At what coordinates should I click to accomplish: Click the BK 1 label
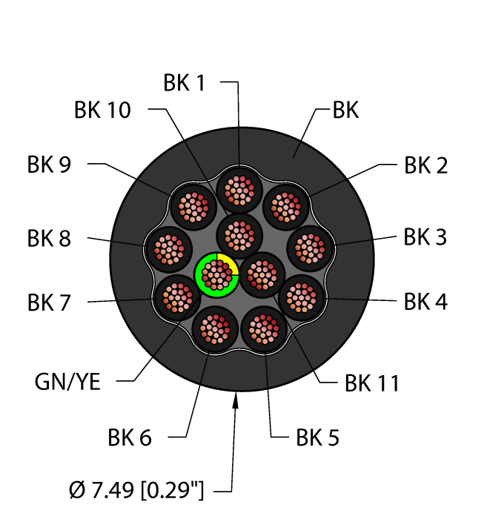click(x=184, y=83)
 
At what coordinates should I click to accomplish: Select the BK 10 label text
click(x=102, y=110)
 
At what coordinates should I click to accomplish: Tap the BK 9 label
click(x=50, y=165)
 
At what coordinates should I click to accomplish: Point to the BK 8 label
click(x=50, y=239)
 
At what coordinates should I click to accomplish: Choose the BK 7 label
click(x=50, y=303)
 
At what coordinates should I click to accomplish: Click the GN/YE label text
click(x=67, y=383)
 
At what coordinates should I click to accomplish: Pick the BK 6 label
click(x=129, y=437)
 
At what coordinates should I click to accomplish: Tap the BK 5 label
click(x=317, y=438)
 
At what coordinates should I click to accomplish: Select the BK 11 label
click(x=371, y=383)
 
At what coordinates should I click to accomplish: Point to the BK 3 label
click(x=425, y=238)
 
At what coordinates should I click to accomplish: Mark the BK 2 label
click(x=425, y=165)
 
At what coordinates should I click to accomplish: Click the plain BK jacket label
click(x=345, y=110)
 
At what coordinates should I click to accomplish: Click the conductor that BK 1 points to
click(x=239, y=190)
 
